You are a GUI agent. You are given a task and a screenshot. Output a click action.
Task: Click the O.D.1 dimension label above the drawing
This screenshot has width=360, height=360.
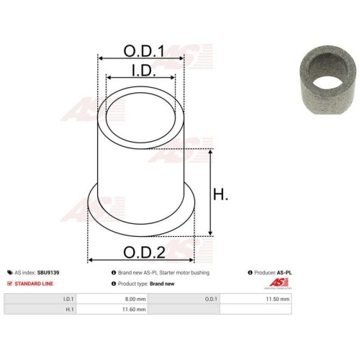[x=144, y=51]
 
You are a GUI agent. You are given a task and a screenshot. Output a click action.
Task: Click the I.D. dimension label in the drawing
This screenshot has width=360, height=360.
[x=144, y=71]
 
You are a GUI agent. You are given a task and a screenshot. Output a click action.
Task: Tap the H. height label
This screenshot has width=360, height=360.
[x=220, y=194]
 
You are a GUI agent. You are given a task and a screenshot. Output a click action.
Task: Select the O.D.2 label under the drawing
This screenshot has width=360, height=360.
[x=144, y=252]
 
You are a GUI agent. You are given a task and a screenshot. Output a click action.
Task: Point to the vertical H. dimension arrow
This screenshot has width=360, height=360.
[x=210, y=192]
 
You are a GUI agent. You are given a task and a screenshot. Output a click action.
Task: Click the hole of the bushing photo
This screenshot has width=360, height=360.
[x=328, y=82]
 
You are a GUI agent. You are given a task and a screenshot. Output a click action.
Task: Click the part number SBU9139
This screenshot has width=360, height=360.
[x=48, y=273]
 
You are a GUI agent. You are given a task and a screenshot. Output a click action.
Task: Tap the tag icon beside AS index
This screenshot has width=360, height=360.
[x=10, y=273]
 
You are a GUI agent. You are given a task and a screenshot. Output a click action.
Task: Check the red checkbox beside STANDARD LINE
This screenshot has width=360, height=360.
[x=9, y=284]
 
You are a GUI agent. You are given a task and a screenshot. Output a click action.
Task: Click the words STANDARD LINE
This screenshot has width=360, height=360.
[x=34, y=284]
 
